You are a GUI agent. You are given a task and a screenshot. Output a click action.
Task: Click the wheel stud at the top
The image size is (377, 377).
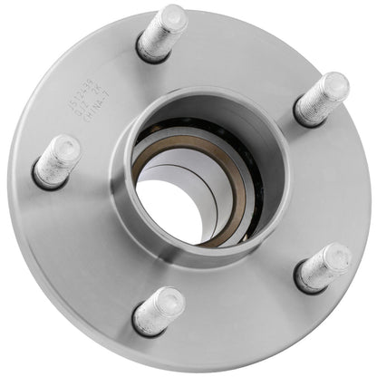tap(162, 34)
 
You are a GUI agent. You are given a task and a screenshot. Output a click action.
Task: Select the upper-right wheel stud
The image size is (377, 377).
tap(321, 99)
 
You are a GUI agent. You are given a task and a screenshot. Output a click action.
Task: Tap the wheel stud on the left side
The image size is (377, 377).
tap(57, 161)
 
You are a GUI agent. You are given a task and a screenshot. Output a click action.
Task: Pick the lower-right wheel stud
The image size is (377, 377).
tap(324, 267)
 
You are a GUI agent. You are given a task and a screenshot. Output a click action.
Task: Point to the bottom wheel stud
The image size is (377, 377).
tap(159, 309)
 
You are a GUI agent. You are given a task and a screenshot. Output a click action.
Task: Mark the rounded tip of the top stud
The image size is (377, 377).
tap(174, 17)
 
